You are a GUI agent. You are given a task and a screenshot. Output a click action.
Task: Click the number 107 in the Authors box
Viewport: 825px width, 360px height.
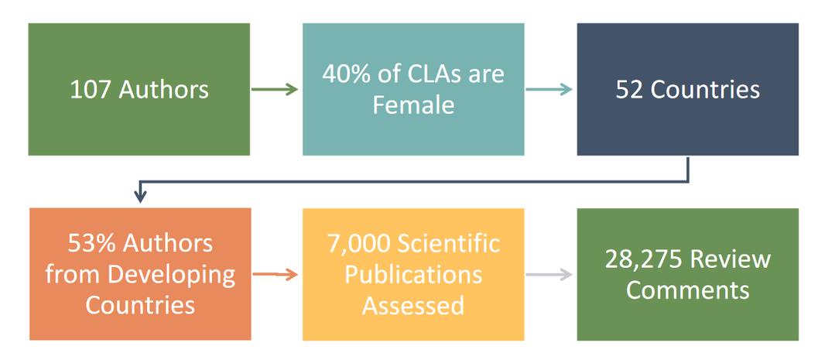click(x=91, y=90)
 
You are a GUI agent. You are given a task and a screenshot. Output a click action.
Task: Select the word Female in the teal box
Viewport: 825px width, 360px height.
click(x=413, y=105)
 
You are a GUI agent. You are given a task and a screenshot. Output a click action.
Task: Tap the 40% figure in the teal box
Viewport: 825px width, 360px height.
click(x=347, y=74)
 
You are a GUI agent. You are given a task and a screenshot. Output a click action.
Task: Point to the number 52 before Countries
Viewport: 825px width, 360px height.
click(x=630, y=90)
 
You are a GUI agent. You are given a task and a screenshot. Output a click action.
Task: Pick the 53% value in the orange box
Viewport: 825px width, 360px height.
click(x=91, y=244)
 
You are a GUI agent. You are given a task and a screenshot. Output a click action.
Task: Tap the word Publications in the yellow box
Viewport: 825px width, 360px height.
click(x=413, y=275)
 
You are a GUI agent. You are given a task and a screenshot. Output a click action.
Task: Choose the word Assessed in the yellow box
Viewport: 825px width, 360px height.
click(x=413, y=305)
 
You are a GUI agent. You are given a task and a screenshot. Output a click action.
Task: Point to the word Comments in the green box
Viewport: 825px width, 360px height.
click(x=688, y=290)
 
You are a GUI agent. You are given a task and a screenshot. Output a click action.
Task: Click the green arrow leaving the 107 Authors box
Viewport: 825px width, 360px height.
click(x=275, y=90)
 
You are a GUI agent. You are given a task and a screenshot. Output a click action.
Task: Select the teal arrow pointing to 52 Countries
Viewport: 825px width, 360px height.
click(x=549, y=90)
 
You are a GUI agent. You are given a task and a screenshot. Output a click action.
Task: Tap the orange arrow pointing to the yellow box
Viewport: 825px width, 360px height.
click(x=276, y=274)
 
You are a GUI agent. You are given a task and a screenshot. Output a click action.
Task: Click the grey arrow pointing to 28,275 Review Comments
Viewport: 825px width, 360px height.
click(x=549, y=274)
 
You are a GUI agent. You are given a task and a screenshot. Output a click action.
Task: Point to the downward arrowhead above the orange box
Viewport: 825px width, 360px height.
click(x=140, y=197)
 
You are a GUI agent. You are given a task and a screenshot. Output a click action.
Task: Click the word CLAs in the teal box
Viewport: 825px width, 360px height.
click(x=430, y=74)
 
